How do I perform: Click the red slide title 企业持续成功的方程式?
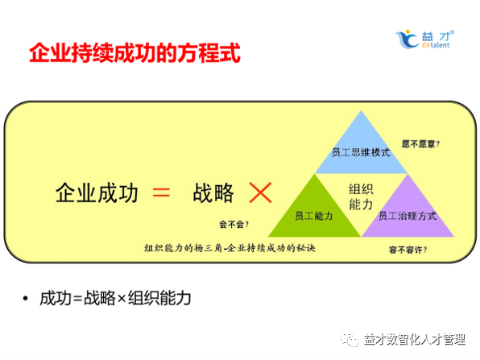tap(134, 55)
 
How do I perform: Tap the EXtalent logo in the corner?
tap(426, 38)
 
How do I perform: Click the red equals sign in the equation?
tap(161, 193)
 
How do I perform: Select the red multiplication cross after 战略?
tap(259, 193)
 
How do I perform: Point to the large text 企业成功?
tap(97, 193)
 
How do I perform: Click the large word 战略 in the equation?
tap(213, 193)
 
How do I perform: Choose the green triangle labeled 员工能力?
tap(313, 211)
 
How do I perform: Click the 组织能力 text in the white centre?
tap(361, 197)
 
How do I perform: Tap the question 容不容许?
tap(408, 250)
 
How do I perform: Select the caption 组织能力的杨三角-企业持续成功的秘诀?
tap(230, 247)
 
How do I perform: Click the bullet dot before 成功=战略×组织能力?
tap(27, 299)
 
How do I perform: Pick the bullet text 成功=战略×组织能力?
tap(115, 299)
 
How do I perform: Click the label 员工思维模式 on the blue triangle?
tap(361, 151)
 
